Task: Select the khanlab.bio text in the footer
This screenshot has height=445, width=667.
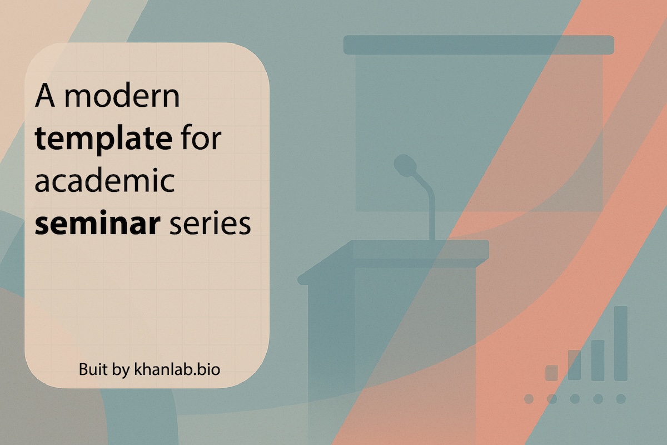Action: [177, 369]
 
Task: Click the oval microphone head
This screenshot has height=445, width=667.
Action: [406, 165]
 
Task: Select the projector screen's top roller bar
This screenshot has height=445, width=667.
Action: [478, 44]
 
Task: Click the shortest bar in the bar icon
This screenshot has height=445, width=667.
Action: [551, 373]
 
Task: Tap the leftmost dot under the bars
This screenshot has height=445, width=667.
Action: [529, 399]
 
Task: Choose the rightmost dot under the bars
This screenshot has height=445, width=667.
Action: [621, 399]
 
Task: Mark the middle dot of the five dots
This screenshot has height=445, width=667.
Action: [575, 399]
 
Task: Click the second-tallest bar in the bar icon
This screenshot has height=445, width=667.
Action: [598, 360]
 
